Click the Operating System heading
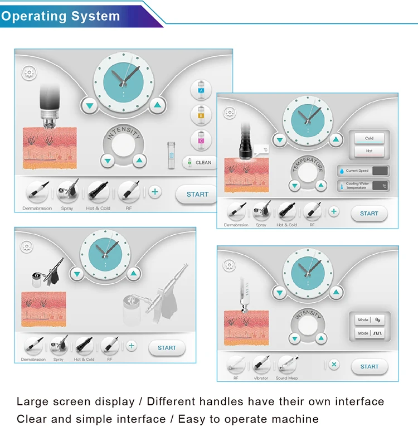point(60,16)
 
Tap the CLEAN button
point(200,162)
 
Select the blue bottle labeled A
point(201,89)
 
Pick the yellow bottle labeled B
point(201,114)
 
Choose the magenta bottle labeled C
point(201,139)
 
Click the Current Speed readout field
point(380,171)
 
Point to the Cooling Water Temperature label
point(357,186)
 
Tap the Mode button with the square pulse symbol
point(370,333)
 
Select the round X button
point(334,365)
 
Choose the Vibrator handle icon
point(261,365)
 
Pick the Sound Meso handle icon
point(286,365)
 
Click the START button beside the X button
point(369,366)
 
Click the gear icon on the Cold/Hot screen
point(230,112)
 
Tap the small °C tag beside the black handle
point(264,149)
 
